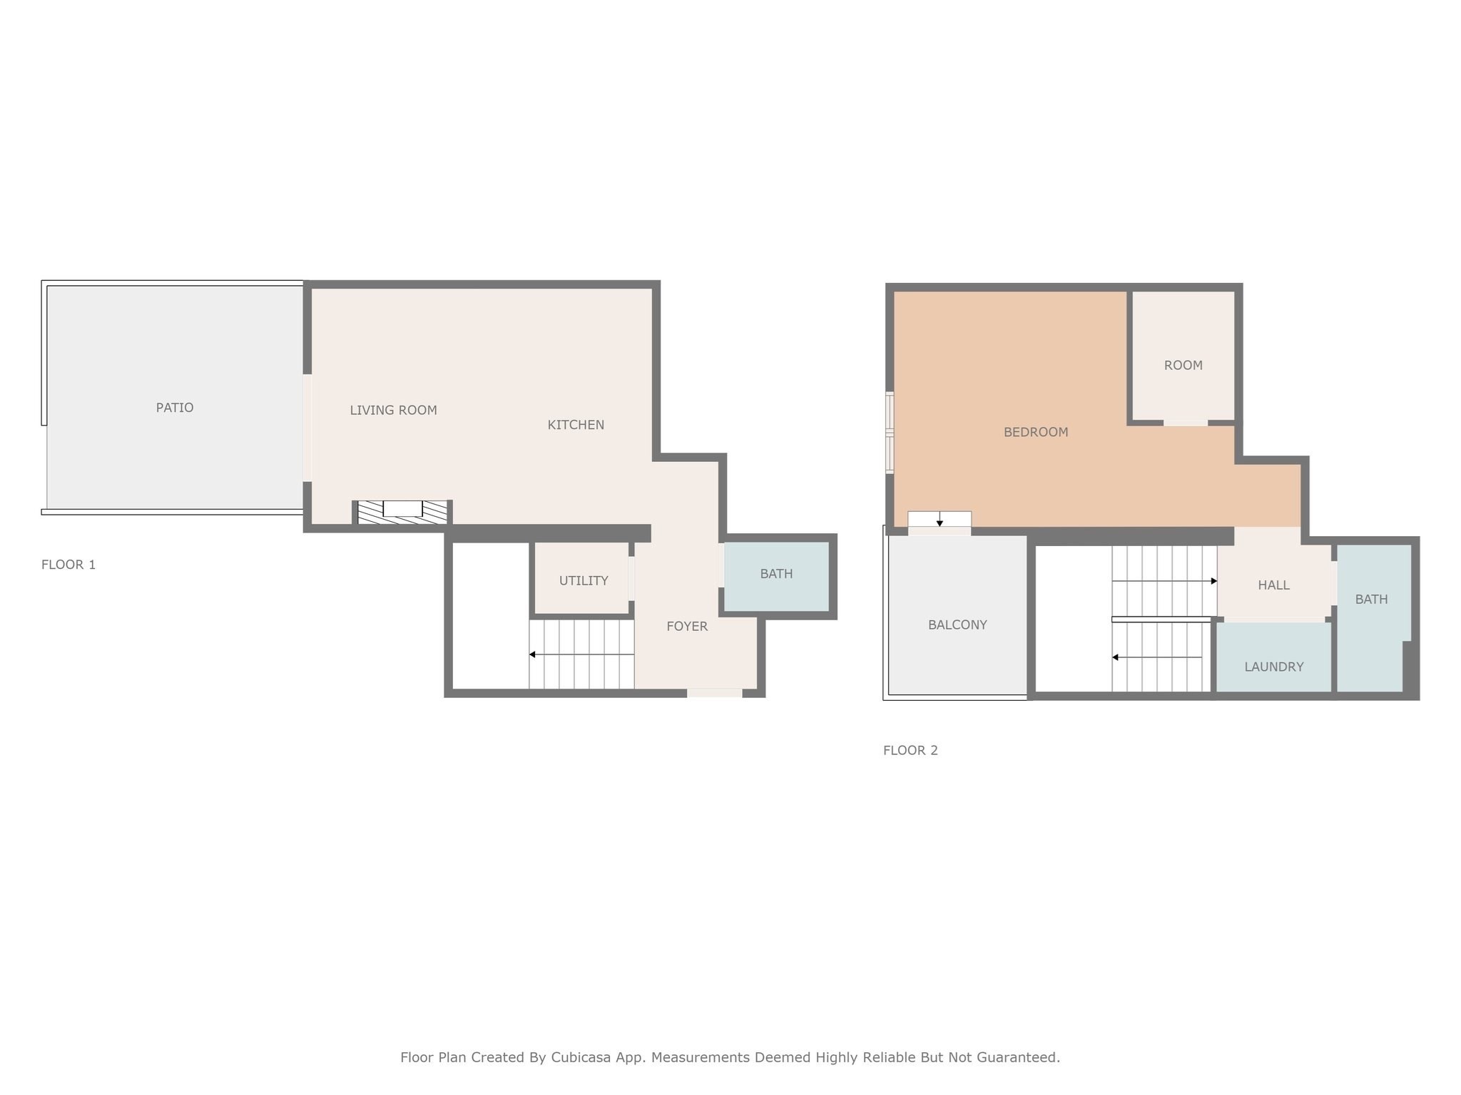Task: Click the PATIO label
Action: [175, 408]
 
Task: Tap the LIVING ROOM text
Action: [393, 410]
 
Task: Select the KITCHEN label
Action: [576, 425]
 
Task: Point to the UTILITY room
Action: [583, 580]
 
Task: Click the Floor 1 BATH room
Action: [776, 574]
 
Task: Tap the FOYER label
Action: [686, 627]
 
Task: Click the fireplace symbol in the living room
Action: [402, 511]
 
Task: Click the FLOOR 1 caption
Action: [68, 565]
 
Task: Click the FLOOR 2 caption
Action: [910, 750]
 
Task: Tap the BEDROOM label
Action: [1035, 432]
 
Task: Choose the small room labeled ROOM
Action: [1183, 365]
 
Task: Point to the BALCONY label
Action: [957, 625]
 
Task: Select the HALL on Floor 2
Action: [1273, 585]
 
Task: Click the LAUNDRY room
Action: [1273, 667]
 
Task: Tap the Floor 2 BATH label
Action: [1370, 600]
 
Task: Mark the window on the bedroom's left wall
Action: [890, 432]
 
